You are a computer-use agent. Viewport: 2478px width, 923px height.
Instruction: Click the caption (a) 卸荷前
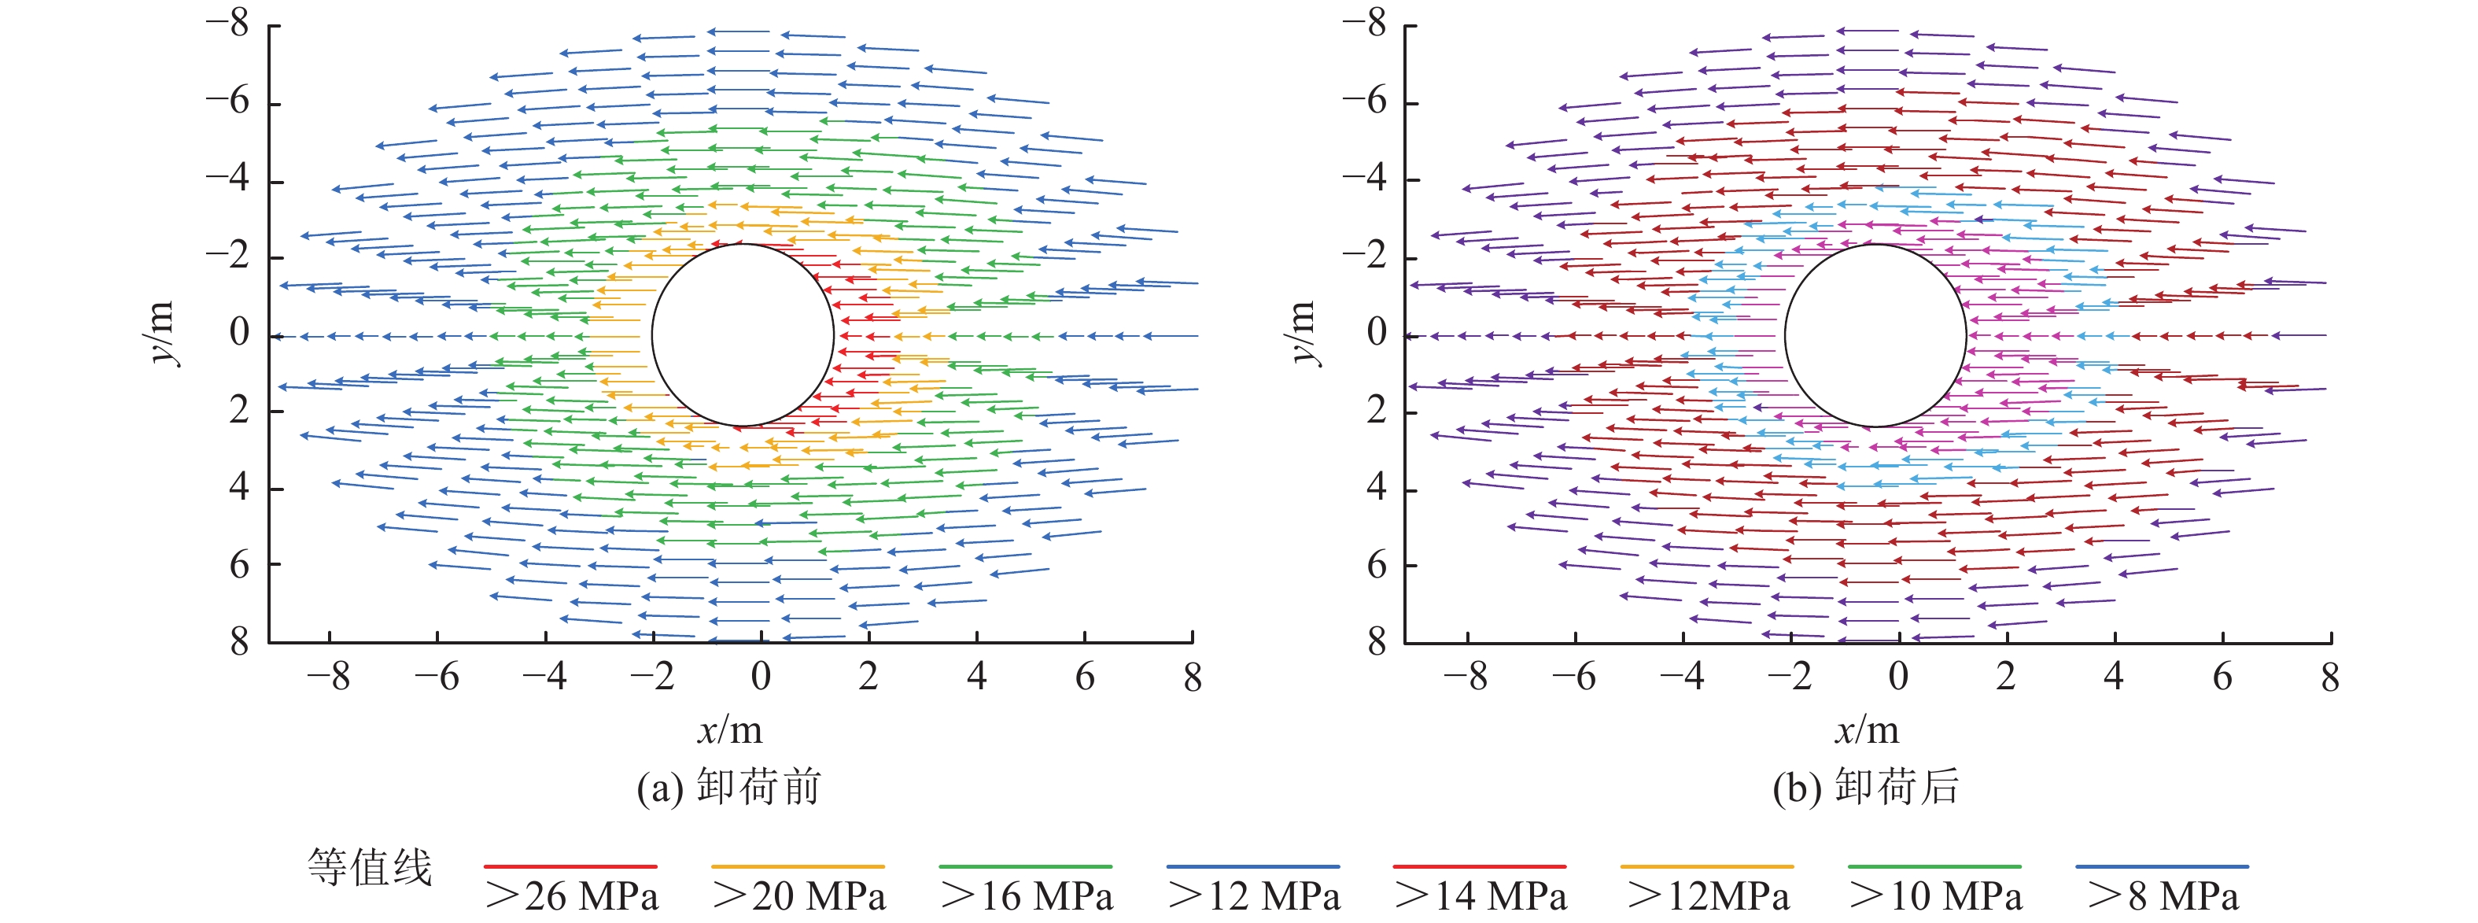(x=728, y=788)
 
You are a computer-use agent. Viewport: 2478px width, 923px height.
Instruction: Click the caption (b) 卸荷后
(x=1865, y=788)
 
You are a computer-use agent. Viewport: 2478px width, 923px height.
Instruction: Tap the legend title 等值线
(x=370, y=867)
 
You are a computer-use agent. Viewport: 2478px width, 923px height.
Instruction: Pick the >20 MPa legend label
(x=798, y=896)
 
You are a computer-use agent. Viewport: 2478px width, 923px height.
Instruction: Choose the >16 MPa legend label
(x=1027, y=896)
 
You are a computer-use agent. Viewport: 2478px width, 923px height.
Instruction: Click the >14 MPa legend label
(x=1481, y=896)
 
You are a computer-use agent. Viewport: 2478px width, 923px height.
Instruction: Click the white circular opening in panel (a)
(x=743, y=335)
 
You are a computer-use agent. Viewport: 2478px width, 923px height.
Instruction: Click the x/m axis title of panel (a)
(x=729, y=730)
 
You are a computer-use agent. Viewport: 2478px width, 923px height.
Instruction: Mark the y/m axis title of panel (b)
(x=1301, y=333)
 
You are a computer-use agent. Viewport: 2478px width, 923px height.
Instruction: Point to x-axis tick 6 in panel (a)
(x=1084, y=677)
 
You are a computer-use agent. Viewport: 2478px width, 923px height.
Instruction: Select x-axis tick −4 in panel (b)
(x=1682, y=677)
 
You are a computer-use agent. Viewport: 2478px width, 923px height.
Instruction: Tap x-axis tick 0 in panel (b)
(x=1898, y=677)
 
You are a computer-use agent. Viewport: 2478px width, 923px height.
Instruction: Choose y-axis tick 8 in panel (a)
(x=238, y=642)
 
